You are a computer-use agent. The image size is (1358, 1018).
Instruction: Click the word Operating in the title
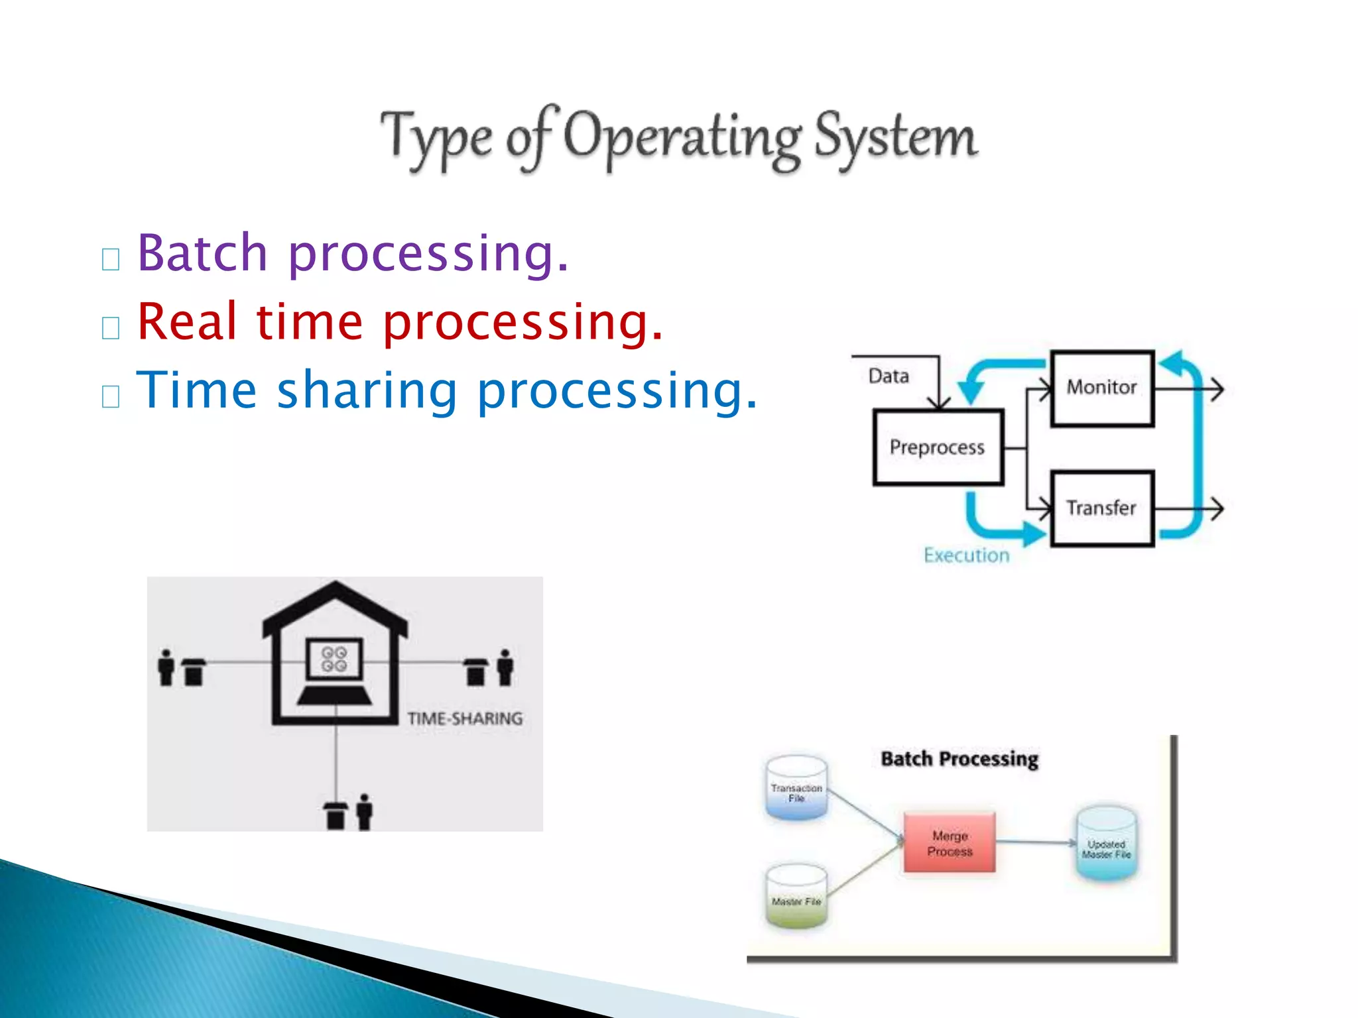point(683,138)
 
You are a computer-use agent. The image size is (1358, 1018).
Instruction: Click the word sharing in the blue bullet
point(367,390)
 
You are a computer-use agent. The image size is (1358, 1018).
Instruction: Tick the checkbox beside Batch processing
point(111,259)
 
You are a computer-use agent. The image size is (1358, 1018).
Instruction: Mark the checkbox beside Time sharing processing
point(111,396)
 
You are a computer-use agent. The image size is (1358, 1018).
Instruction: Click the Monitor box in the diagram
point(1101,388)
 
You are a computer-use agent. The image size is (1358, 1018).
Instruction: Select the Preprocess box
point(937,447)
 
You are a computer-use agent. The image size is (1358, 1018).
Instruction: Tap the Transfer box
point(1101,508)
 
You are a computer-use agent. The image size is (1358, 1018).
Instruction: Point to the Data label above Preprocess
point(888,376)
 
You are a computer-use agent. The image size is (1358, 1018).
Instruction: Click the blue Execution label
point(966,555)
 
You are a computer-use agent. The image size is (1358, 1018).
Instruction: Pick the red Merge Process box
point(949,843)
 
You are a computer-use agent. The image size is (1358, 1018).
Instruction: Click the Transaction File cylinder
point(796,789)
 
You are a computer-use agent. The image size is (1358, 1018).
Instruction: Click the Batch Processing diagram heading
point(959,759)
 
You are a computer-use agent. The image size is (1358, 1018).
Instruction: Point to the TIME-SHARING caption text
point(464,718)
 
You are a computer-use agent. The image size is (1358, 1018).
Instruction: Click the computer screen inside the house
point(334,659)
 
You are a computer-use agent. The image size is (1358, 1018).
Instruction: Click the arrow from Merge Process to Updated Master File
point(1036,842)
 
